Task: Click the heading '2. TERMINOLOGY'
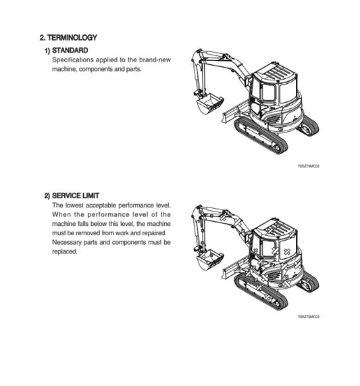coord(68,38)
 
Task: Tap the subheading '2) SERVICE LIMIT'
coord(76,195)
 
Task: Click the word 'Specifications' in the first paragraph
coord(72,60)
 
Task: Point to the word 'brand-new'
coord(157,60)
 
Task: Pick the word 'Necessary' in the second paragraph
coord(67,242)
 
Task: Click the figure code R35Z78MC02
coord(308,165)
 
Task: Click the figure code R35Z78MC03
coord(308,316)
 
